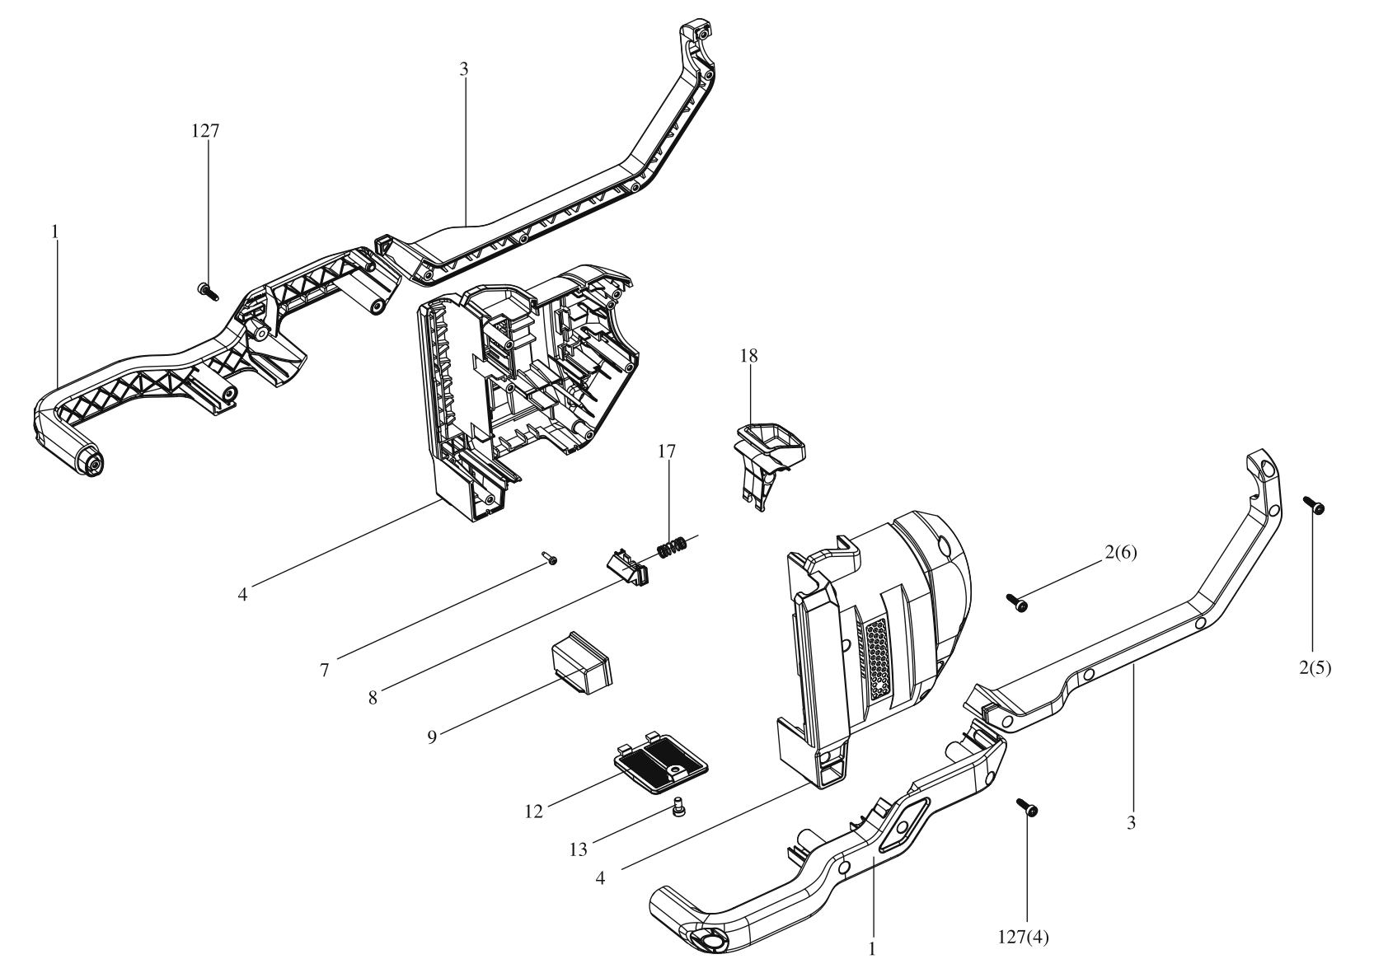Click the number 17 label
tap(667, 451)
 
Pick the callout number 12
tap(533, 812)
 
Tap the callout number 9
tap(432, 735)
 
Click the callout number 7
tap(325, 671)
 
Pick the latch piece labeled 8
tap(624, 568)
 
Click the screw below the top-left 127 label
tap(204, 288)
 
